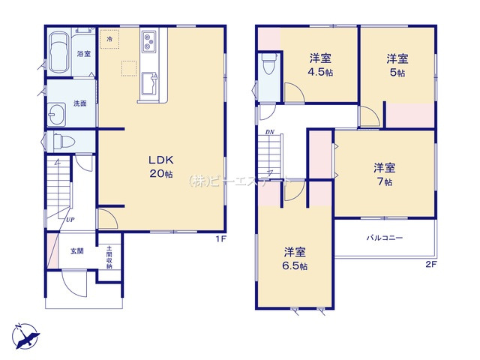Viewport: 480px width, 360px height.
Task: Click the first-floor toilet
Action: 61,141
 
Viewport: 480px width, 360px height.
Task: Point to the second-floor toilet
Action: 268,67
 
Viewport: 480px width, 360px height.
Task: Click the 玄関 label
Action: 77,250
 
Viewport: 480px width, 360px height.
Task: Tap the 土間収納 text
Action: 109,259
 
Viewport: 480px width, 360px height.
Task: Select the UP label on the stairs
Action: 69,219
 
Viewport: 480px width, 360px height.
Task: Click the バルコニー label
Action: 385,238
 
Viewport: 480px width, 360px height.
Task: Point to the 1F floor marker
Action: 221,239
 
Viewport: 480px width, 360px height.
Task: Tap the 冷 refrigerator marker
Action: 109,38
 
